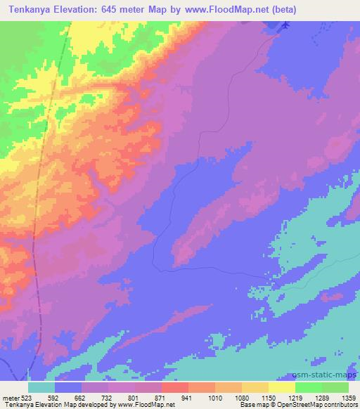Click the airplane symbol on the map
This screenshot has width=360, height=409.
(x=285, y=26)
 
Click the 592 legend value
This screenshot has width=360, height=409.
(x=63, y=398)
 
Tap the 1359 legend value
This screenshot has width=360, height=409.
(x=347, y=398)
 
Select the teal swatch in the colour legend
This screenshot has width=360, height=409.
(x=41, y=387)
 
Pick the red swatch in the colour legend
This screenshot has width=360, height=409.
(x=175, y=387)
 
